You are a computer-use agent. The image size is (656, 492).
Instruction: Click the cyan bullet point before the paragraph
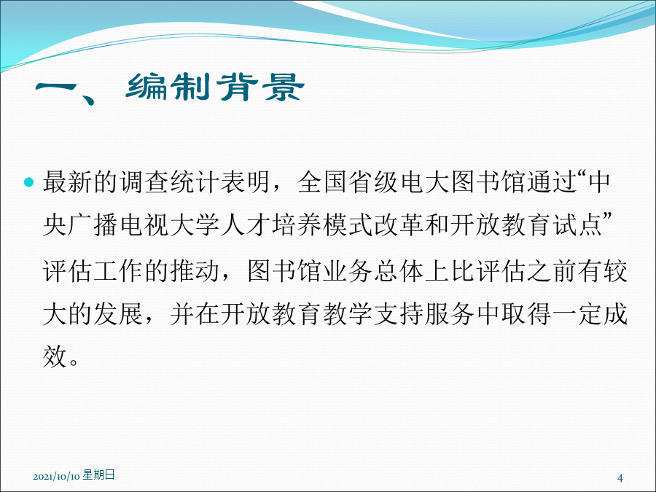tap(29, 182)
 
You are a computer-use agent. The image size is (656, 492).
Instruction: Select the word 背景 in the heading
tap(260, 87)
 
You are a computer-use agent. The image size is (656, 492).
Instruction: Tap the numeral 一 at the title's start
tap(55, 87)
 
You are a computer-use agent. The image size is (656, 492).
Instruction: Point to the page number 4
tap(620, 477)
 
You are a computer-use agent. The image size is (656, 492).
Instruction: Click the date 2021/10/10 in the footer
tap(56, 477)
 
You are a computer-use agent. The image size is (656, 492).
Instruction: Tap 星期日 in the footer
tap(98, 475)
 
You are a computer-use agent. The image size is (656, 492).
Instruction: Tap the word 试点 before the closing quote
tap(577, 225)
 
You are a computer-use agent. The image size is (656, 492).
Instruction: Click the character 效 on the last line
tap(55, 356)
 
